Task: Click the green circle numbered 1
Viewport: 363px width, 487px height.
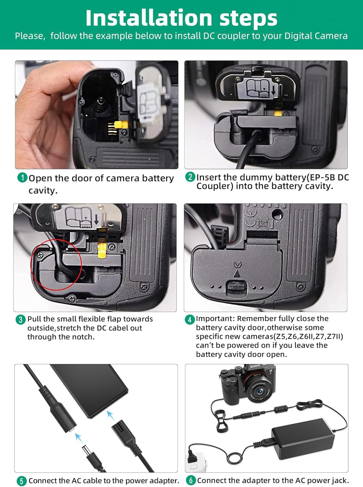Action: click(x=22, y=178)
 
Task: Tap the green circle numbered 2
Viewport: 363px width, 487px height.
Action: click(x=190, y=177)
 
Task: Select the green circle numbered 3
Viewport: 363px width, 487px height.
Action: click(x=21, y=320)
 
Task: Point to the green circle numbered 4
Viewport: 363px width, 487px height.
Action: click(x=190, y=320)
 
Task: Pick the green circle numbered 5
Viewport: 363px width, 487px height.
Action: click(x=22, y=481)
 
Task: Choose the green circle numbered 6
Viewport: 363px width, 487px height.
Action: click(x=191, y=480)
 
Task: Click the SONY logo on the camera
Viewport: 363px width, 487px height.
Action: click(x=255, y=366)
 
